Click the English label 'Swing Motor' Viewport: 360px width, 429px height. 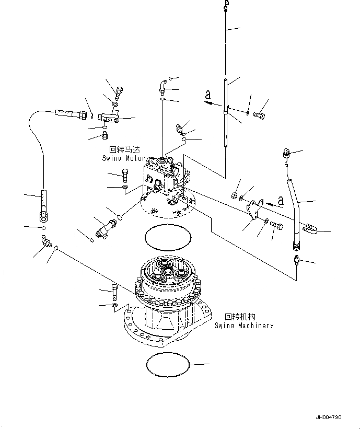coord(124,158)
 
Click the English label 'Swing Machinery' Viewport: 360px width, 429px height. coord(244,325)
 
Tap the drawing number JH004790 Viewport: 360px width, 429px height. coord(328,418)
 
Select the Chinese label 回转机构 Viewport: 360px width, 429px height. coord(240,317)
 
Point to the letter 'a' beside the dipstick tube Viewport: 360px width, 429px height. coord(207,95)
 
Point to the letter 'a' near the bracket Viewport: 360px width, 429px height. coord(280,200)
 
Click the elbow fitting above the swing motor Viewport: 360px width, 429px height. coord(163,85)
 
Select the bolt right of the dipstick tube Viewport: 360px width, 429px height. coord(259,114)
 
